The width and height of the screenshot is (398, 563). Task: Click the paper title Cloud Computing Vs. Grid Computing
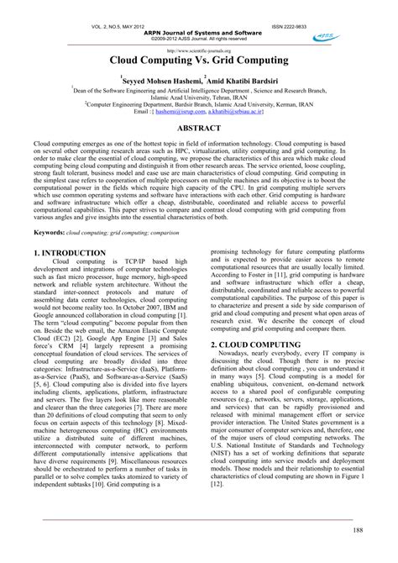click(199, 62)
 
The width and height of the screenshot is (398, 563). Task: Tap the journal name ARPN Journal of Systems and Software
click(199, 33)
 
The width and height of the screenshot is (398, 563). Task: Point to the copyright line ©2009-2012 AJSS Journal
click(199, 39)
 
